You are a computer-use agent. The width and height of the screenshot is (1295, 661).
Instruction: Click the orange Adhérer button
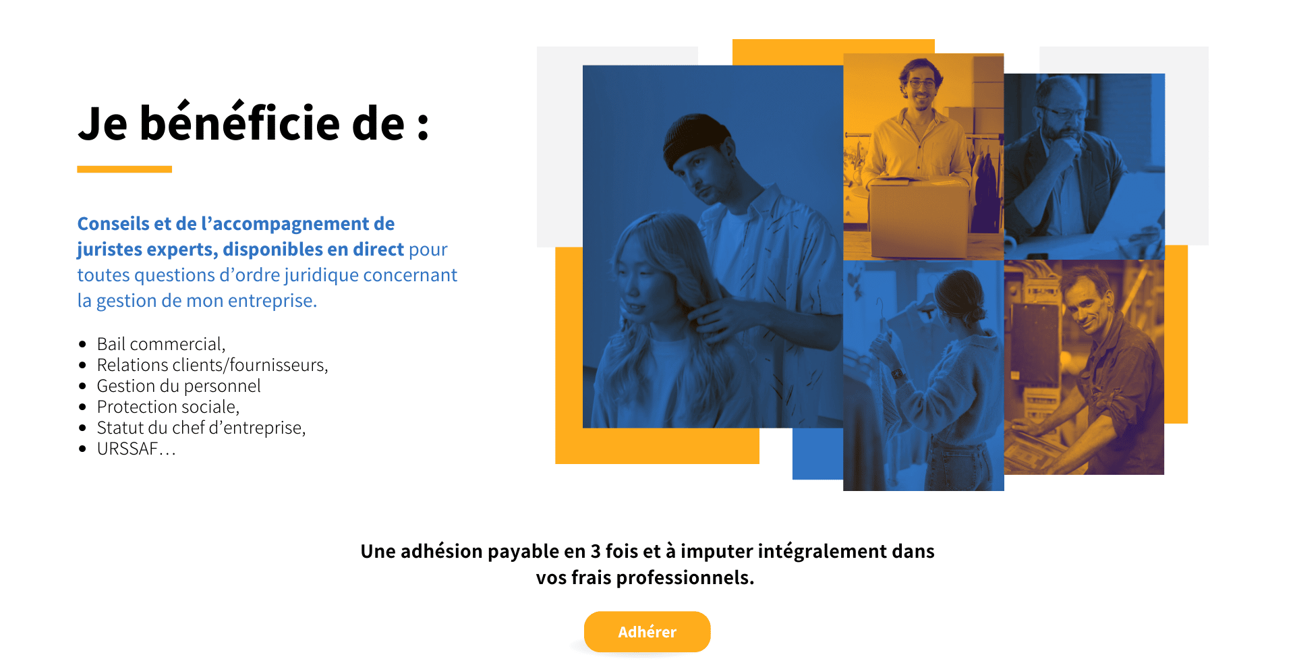[647, 631]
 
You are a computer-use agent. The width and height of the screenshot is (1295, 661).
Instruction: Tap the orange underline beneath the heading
[124, 169]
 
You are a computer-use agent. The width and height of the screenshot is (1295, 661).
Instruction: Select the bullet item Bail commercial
[161, 344]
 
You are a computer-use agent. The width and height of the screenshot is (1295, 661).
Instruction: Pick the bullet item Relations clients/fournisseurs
[212, 365]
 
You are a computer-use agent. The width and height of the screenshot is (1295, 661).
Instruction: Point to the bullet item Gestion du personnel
[179, 386]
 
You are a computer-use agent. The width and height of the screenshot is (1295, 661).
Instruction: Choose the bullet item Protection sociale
[168, 407]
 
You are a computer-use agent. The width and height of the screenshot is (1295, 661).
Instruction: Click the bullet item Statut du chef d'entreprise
[201, 428]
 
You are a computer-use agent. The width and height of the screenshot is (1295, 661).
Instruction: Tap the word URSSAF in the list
[127, 449]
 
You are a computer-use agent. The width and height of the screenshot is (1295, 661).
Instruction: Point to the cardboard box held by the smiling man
[919, 215]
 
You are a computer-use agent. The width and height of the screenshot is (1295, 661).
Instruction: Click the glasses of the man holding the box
[921, 84]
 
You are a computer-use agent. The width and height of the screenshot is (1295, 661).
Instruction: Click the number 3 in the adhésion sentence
[596, 551]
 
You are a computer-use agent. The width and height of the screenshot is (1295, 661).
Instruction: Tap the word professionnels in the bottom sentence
[685, 578]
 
